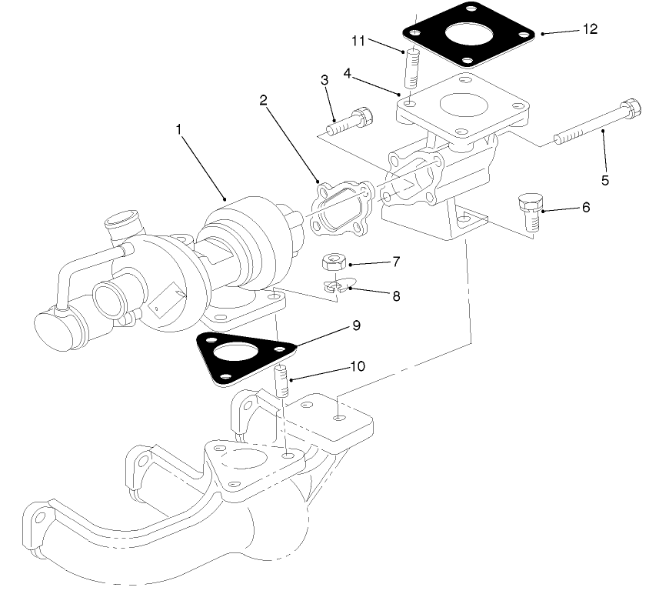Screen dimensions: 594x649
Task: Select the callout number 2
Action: [x=263, y=99]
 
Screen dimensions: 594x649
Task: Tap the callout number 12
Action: [x=590, y=30]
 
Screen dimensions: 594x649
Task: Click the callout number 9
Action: [x=356, y=325]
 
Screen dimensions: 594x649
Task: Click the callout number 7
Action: [x=396, y=262]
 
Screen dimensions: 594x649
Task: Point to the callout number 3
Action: [x=324, y=79]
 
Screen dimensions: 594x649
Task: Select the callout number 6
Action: [x=586, y=208]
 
